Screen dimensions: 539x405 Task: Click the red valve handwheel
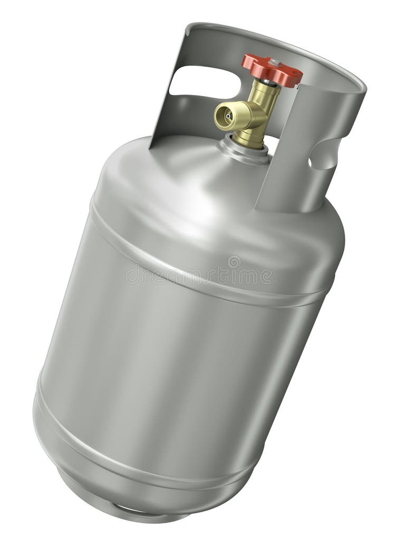pos(271,69)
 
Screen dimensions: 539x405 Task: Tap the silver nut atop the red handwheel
pos(274,63)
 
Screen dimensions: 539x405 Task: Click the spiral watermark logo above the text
pos(234,261)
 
